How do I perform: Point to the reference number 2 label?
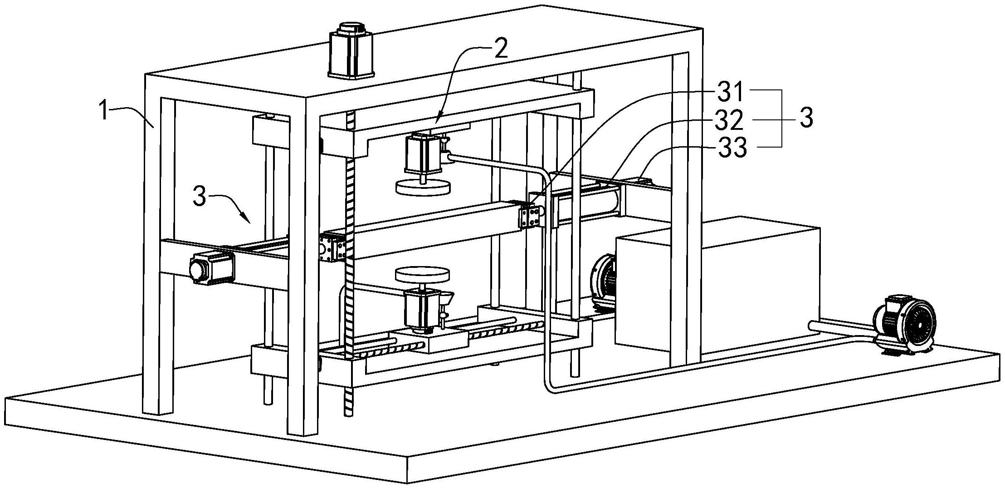coord(500,49)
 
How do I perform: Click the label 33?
coord(731,148)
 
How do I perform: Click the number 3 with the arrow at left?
coord(201,198)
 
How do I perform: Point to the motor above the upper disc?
coord(423,153)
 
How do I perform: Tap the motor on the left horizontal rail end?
coord(211,268)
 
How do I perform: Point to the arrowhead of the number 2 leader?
coord(436,119)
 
